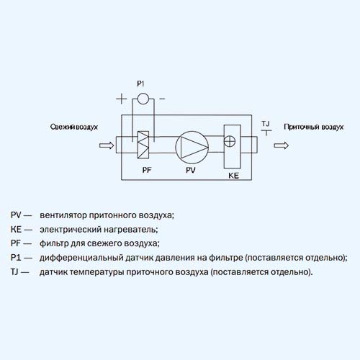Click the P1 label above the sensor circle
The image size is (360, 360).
point(140,84)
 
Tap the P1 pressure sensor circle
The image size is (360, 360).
point(143,99)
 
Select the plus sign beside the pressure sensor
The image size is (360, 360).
point(122,99)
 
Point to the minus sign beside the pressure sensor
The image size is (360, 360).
point(162,99)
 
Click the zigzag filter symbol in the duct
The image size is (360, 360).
point(143,145)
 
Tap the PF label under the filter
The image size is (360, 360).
point(147,170)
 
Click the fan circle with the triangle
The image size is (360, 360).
point(192,147)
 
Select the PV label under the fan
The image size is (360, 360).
point(191,170)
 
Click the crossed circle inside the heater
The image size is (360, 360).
point(230,141)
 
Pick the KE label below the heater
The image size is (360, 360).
point(233,176)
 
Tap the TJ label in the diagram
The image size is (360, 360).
point(266,124)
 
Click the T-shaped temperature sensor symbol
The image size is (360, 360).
point(266,132)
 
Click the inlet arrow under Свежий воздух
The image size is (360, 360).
point(107,145)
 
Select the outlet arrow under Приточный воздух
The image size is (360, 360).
point(281,145)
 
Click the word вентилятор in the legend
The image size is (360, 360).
point(63,215)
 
